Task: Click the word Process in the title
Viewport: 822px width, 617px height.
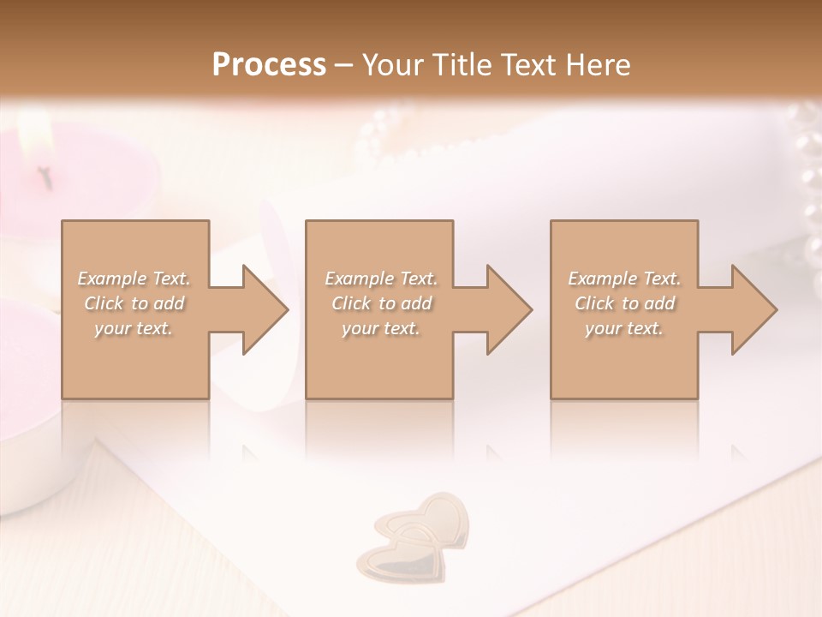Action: click(x=269, y=65)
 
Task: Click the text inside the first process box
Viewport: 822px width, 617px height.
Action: click(x=134, y=303)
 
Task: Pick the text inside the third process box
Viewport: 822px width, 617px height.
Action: click(x=624, y=303)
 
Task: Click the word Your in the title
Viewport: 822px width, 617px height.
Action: click(x=393, y=65)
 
